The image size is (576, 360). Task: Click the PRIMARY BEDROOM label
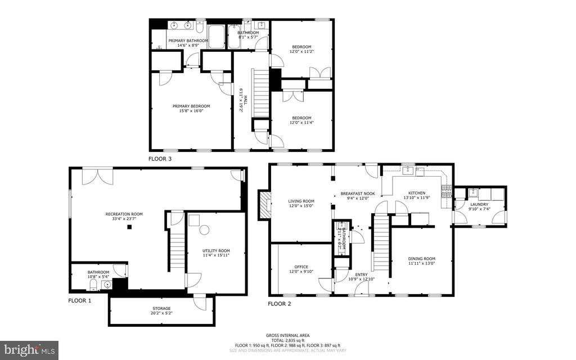[191, 106]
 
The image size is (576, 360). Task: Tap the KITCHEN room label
[417, 193]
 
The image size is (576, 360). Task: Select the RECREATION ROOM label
[124, 214]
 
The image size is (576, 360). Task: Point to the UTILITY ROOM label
[216, 251]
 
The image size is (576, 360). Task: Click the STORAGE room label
[161, 308]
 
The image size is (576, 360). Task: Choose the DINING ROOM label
[421, 259]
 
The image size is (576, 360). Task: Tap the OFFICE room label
[301, 267]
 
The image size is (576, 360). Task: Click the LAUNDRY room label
[479, 204]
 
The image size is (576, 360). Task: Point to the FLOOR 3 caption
[160, 159]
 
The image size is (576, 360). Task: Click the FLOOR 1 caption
[80, 300]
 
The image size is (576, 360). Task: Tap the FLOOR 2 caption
[280, 304]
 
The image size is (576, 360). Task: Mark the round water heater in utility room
[204, 229]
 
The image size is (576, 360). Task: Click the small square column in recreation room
[129, 227]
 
